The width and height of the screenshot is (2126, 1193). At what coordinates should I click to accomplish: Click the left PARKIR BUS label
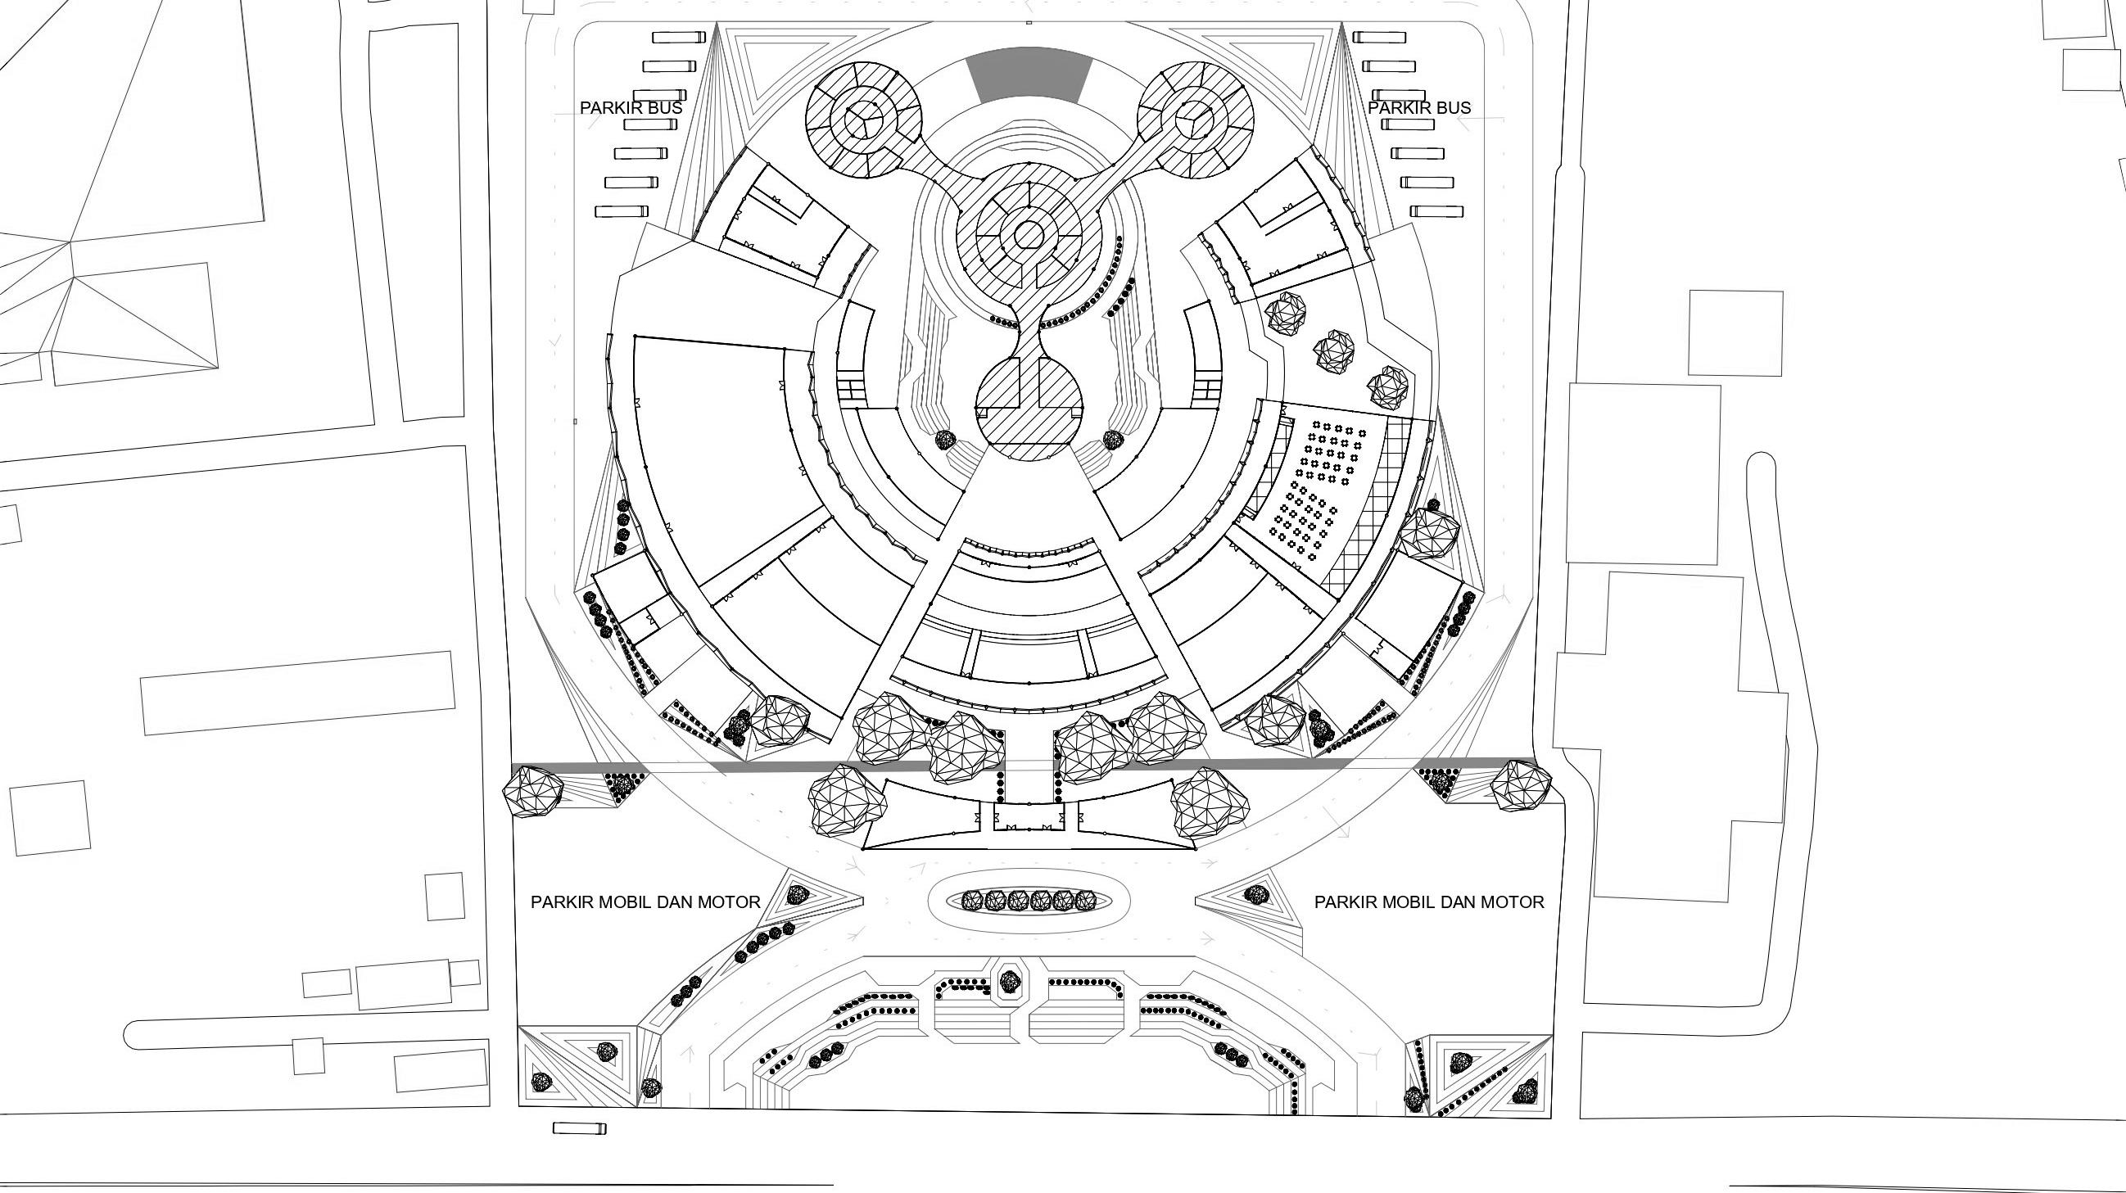pos(631,108)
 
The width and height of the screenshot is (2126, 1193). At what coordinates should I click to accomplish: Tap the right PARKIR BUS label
pos(1418,108)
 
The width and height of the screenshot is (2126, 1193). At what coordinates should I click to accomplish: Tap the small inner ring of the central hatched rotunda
pos(1029,235)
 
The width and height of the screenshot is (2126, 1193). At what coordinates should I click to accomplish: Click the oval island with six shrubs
pos(1029,901)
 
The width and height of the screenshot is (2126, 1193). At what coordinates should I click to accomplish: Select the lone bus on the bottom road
pos(578,1127)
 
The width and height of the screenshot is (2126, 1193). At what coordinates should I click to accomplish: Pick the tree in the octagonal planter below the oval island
pos(1009,981)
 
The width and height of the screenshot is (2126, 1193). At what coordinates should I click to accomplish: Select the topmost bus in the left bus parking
pos(679,37)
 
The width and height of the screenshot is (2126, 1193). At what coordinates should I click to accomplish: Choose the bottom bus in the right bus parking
pos(1437,212)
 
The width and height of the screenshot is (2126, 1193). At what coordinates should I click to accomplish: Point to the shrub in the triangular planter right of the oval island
pos(1256,894)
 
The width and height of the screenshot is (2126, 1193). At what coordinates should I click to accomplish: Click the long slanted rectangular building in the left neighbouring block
pos(297,693)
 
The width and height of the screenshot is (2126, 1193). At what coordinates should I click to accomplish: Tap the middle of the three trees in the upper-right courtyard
pos(1333,350)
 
